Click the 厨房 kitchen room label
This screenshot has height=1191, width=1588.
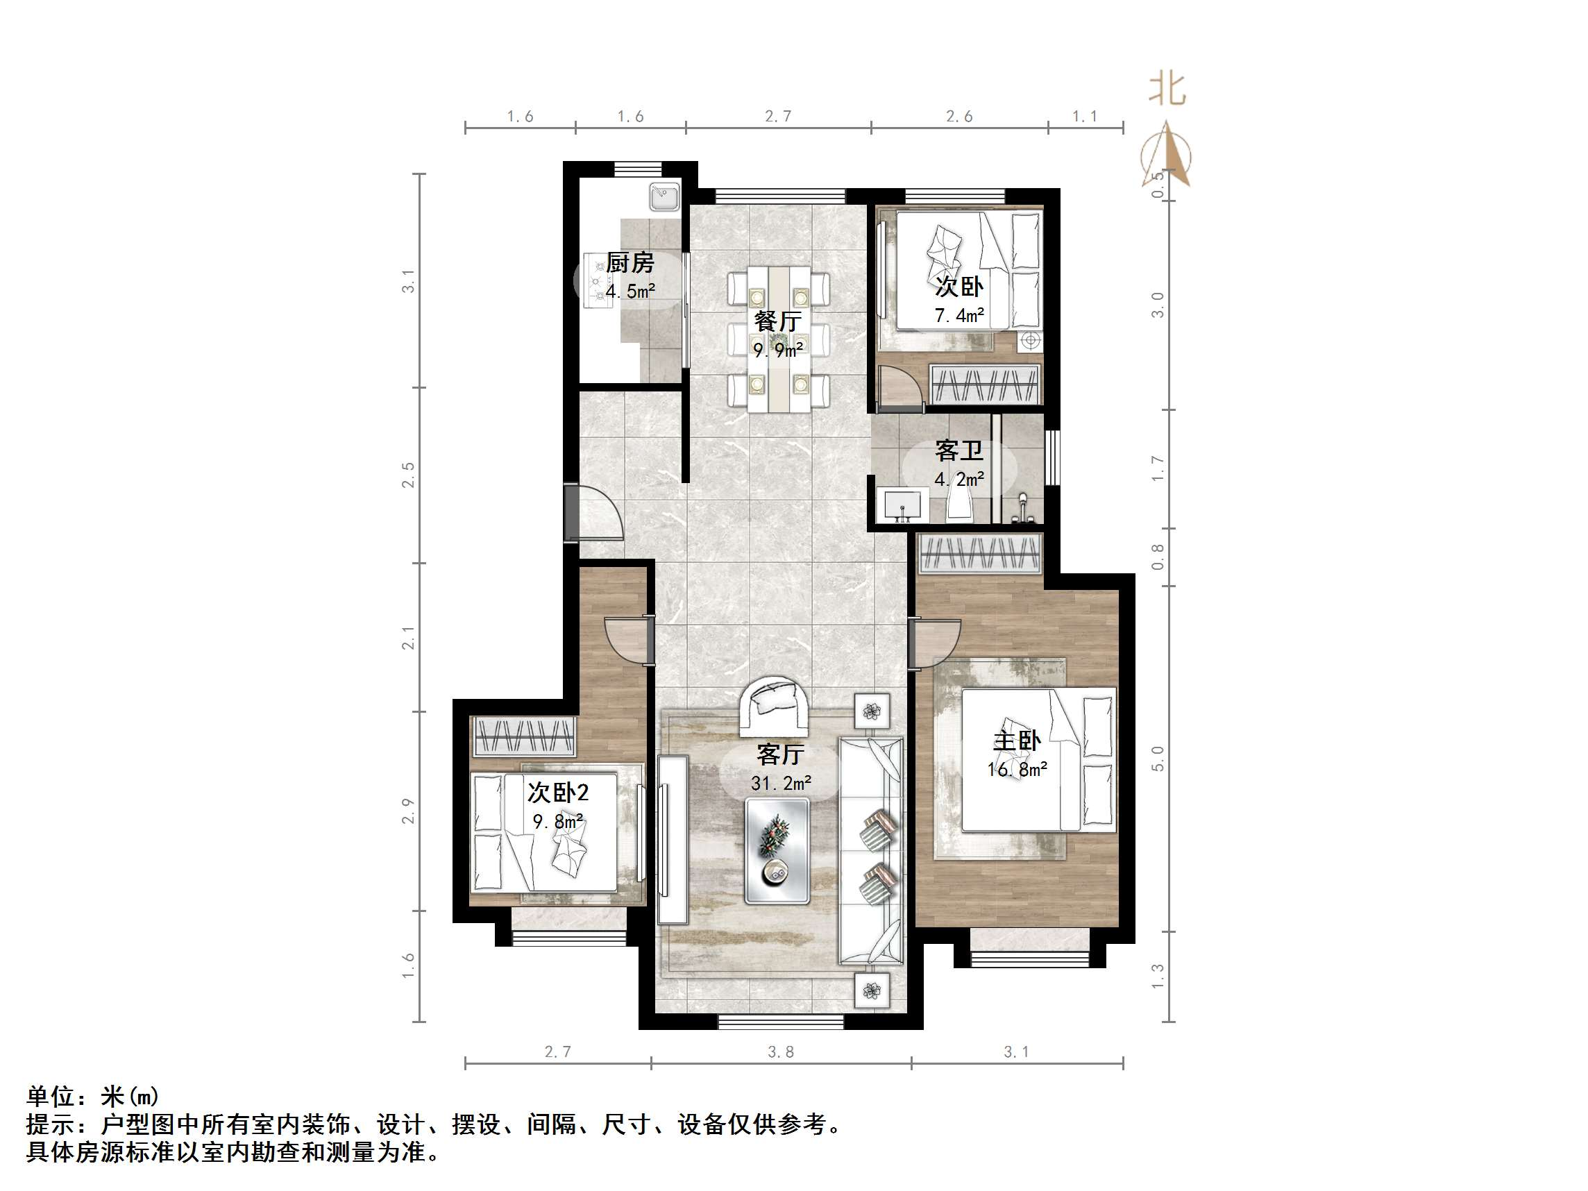tap(630, 263)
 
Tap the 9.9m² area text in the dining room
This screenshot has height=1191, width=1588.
tap(777, 350)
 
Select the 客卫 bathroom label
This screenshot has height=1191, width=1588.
tap(958, 451)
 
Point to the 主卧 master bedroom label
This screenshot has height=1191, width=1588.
tap(1016, 741)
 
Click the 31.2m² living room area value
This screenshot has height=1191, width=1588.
tap(781, 783)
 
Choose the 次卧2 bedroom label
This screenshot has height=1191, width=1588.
tap(558, 793)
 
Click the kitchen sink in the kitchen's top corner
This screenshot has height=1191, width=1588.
tap(664, 196)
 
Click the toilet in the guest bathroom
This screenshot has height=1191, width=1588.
tap(959, 501)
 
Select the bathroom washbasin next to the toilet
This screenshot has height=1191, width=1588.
tap(902, 505)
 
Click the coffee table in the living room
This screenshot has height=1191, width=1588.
tap(777, 851)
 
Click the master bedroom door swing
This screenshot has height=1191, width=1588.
tap(936, 643)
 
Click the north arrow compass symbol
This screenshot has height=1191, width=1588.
tap(1166, 154)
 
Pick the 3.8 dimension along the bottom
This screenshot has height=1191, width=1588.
tap(780, 1051)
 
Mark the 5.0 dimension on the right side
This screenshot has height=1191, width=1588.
tap(1157, 758)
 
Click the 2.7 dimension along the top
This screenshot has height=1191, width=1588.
tap(777, 117)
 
